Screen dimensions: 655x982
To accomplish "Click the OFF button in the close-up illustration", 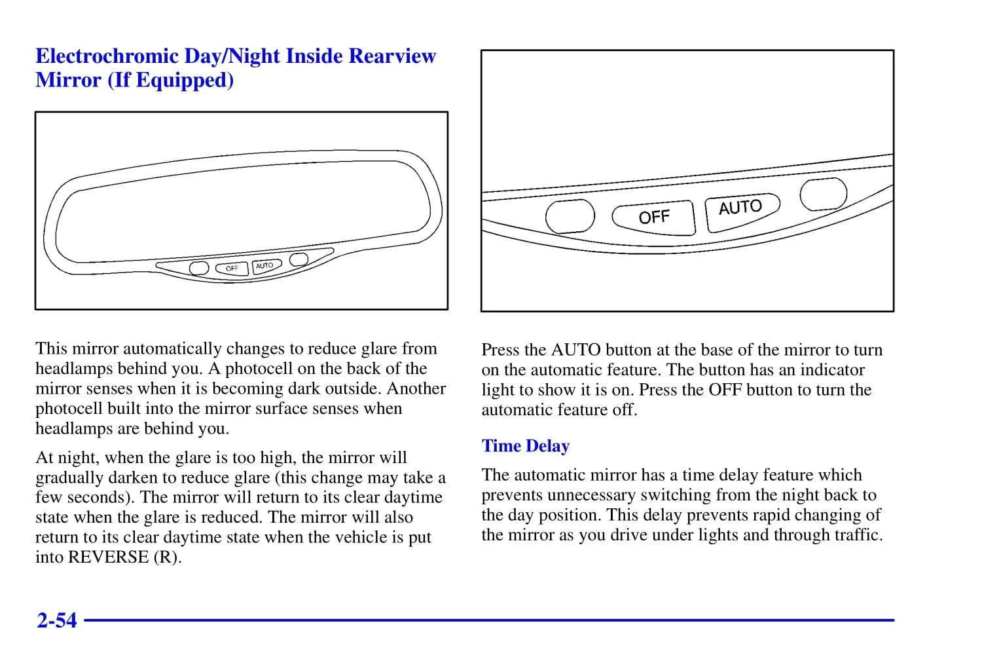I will coord(653,217).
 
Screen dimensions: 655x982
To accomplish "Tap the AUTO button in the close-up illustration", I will coord(741,209).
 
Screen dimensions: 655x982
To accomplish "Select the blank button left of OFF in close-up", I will coord(570,216).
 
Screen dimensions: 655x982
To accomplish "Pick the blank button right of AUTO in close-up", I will coord(823,194).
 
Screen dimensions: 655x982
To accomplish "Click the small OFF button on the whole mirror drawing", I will coord(232,269).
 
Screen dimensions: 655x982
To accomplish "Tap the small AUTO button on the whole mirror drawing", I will coord(265,266).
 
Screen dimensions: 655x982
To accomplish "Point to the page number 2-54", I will coord(57,620).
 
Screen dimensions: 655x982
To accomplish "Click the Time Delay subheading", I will coord(526,446).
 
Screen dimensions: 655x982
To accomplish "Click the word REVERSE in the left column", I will coord(109,557).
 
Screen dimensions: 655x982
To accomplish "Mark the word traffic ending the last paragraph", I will coord(857,535).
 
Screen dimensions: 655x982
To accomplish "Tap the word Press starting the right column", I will coord(500,350).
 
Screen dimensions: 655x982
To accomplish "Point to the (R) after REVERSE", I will coord(167,557).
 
